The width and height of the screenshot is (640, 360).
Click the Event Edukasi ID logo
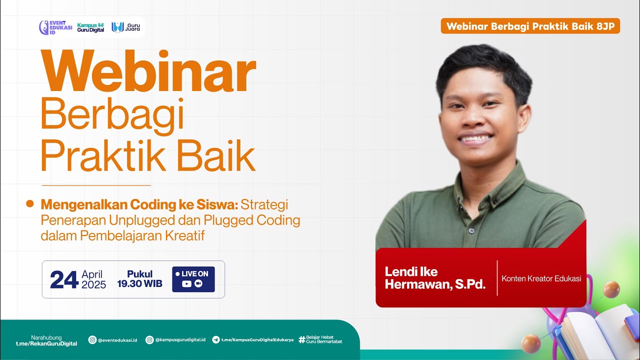55,27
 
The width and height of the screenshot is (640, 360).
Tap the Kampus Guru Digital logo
90,27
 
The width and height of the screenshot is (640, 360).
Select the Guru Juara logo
126,27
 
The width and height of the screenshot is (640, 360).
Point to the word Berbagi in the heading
112,116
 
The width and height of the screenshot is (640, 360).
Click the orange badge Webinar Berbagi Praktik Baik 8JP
530,26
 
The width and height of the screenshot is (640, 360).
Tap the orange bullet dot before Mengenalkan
30,203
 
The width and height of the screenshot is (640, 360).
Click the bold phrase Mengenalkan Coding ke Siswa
139,205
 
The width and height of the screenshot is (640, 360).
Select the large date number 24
64,279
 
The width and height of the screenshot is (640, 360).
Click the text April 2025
93,279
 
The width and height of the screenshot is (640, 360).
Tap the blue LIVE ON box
193,279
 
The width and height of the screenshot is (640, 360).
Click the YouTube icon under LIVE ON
187,284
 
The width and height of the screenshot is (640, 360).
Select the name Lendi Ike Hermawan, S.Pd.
435,278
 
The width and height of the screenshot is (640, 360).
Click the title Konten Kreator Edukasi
541,278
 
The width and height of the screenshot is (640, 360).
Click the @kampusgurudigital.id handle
175,340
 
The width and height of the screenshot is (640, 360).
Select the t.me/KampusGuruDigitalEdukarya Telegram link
253,340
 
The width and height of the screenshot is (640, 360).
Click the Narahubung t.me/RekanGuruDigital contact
46,340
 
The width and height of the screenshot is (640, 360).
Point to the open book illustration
597,330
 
